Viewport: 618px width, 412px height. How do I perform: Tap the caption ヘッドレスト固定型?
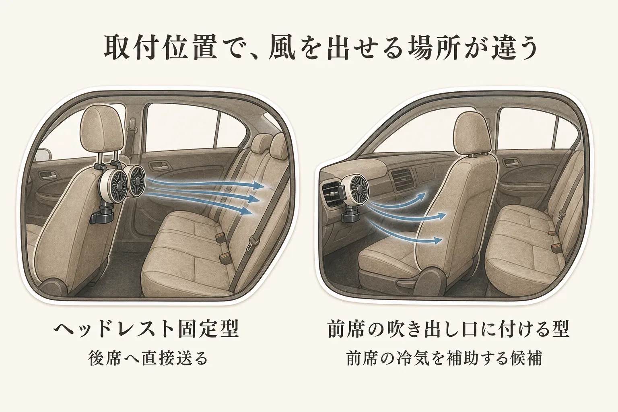(x=146, y=329)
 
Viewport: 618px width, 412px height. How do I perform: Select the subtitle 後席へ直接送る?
(x=148, y=358)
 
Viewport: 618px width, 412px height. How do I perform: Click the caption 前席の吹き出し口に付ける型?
(x=448, y=329)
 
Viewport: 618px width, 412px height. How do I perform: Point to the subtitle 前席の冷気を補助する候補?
(x=445, y=358)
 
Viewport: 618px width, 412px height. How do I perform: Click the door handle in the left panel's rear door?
(x=159, y=165)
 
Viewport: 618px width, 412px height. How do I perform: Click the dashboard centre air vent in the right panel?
(x=402, y=179)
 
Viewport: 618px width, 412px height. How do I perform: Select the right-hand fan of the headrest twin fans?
(x=136, y=180)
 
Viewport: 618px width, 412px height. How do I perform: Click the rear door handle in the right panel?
(x=511, y=162)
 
